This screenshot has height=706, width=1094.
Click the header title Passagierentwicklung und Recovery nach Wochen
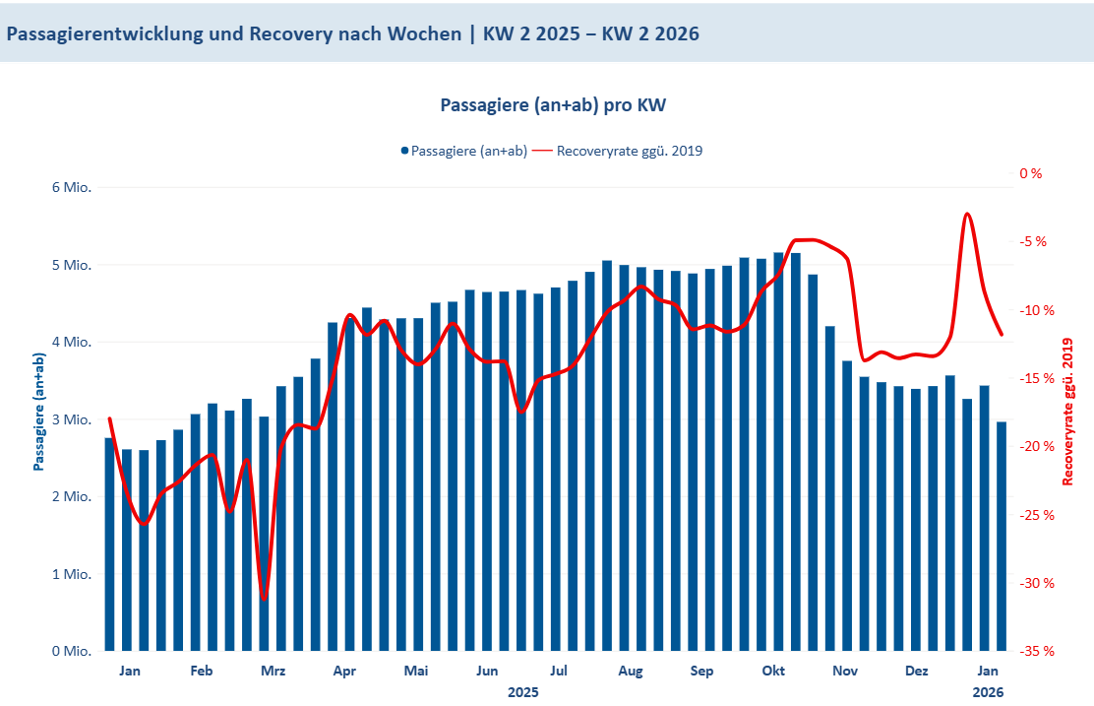coord(352,33)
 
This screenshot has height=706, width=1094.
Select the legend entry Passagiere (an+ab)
coord(463,151)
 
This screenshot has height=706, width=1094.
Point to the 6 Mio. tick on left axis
coord(70,187)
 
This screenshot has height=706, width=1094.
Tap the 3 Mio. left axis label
coord(70,419)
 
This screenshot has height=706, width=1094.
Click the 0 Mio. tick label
coord(70,651)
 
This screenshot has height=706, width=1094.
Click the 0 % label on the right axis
coord(1030,173)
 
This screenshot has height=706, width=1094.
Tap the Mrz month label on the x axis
coord(273,672)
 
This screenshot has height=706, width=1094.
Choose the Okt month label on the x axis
coord(774,672)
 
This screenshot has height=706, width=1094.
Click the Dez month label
coord(917,672)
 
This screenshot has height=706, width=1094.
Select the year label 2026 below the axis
coord(989,692)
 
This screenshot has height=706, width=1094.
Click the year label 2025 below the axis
coord(523,692)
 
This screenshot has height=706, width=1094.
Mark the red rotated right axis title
coord(1068,412)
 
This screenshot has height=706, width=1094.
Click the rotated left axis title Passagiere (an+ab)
coord(38,412)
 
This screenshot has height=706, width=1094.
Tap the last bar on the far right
coord(1001,537)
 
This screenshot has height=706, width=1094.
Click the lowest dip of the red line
coord(264,598)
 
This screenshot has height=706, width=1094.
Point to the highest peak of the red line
coord(967,214)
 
